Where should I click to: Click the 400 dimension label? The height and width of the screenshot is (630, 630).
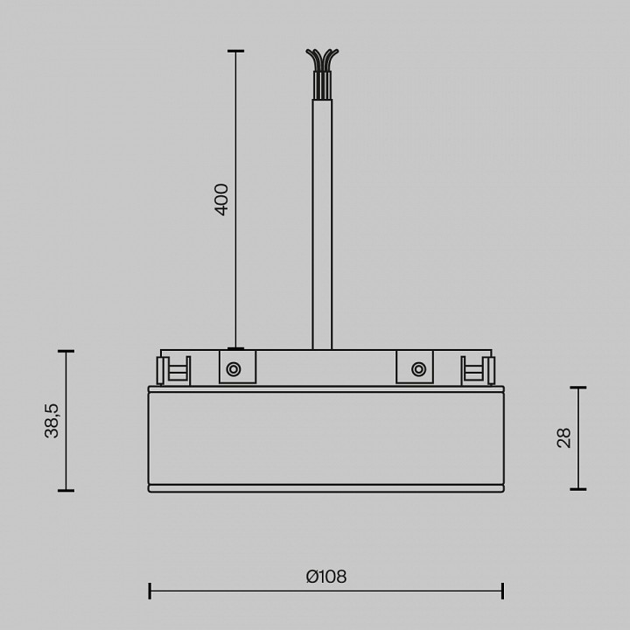pos(221,199)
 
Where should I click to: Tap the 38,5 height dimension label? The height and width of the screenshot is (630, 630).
pos(52,420)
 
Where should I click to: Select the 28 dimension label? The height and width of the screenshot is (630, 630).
pos(563,438)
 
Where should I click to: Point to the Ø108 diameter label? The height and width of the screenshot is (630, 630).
pos(326,577)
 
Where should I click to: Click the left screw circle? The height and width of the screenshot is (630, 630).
pos(234,369)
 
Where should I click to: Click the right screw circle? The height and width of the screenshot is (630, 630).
pos(418,369)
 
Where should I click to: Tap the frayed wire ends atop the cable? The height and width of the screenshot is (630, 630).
pos(322,60)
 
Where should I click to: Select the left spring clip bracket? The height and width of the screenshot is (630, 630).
pos(173,370)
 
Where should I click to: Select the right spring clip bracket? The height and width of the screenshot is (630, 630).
pos(478,370)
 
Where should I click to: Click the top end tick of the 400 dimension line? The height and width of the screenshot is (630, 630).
pos(235,51)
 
